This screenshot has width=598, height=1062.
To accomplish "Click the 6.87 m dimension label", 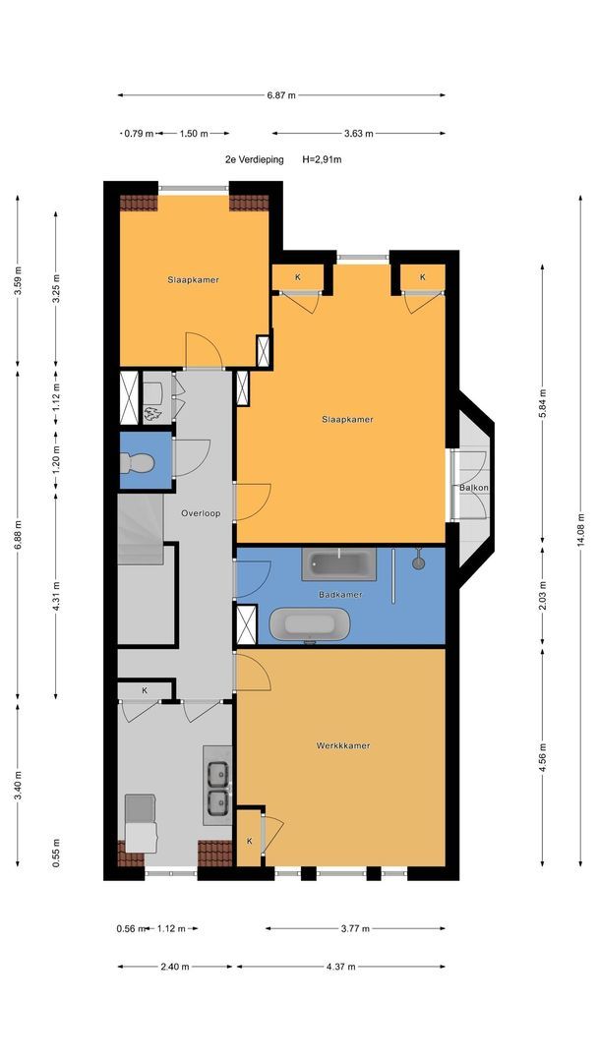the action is point(281,95).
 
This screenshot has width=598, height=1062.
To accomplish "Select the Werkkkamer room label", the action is point(343,745).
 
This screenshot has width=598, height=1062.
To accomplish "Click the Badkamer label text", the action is point(340,595).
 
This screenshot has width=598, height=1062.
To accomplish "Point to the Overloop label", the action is point(201,513).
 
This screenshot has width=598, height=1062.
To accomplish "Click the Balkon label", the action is point(474,487).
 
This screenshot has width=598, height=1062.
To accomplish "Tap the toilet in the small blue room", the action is point(136,462).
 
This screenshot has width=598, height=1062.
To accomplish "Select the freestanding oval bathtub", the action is point(310,624).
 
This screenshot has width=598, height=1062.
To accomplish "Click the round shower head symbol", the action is point(419,561).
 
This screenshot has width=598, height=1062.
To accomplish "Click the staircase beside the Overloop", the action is point(141,529).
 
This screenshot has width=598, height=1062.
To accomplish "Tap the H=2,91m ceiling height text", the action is point(322,160).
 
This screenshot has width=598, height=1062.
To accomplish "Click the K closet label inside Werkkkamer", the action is point(249,841).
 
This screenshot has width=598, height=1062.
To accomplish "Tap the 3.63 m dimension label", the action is point(359,134).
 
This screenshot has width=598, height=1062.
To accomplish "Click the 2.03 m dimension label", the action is point(543,595).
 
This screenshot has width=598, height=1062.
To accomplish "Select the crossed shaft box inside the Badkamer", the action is point(247,624).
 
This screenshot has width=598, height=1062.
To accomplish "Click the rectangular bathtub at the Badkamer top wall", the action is point(338,564).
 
